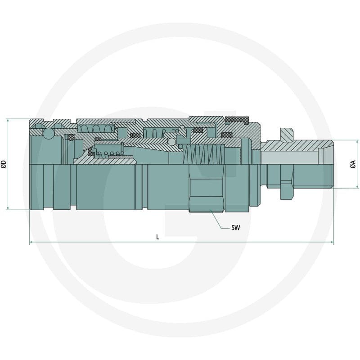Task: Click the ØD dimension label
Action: coord(4,164)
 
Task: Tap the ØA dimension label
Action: coord(353,164)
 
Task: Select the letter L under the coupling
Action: coord(157,237)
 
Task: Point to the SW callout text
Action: coord(235,228)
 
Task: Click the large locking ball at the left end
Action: coord(49,134)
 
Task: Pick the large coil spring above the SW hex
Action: coord(203,154)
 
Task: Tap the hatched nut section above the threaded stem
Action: coord(287,135)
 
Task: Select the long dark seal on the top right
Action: coord(237,120)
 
